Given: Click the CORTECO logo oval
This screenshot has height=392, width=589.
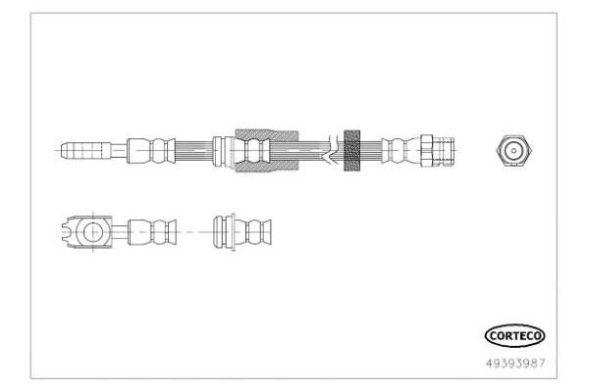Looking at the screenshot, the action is pyautogui.click(x=514, y=335).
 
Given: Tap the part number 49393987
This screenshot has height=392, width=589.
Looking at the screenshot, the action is pyautogui.click(x=515, y=364).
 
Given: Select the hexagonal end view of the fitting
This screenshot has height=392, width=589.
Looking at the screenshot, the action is pyautogui.click(x=513, y=150).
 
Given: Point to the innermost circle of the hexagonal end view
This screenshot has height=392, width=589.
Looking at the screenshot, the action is pyautogui.click(x=513, y=151).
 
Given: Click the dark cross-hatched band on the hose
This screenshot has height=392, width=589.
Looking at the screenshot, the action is pyautogui.click(x=352, y=150).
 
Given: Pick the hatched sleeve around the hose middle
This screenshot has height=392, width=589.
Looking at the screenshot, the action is pyautogui.click(x=267, y=150).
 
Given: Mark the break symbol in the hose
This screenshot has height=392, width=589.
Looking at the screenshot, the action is pyautogui.click(x=331, y=150).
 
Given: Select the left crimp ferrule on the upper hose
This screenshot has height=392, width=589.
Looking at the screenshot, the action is pyautogui.click(x=151, y=150).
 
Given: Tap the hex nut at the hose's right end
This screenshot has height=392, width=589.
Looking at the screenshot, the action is pyautogui.click(x=427, y=150).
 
